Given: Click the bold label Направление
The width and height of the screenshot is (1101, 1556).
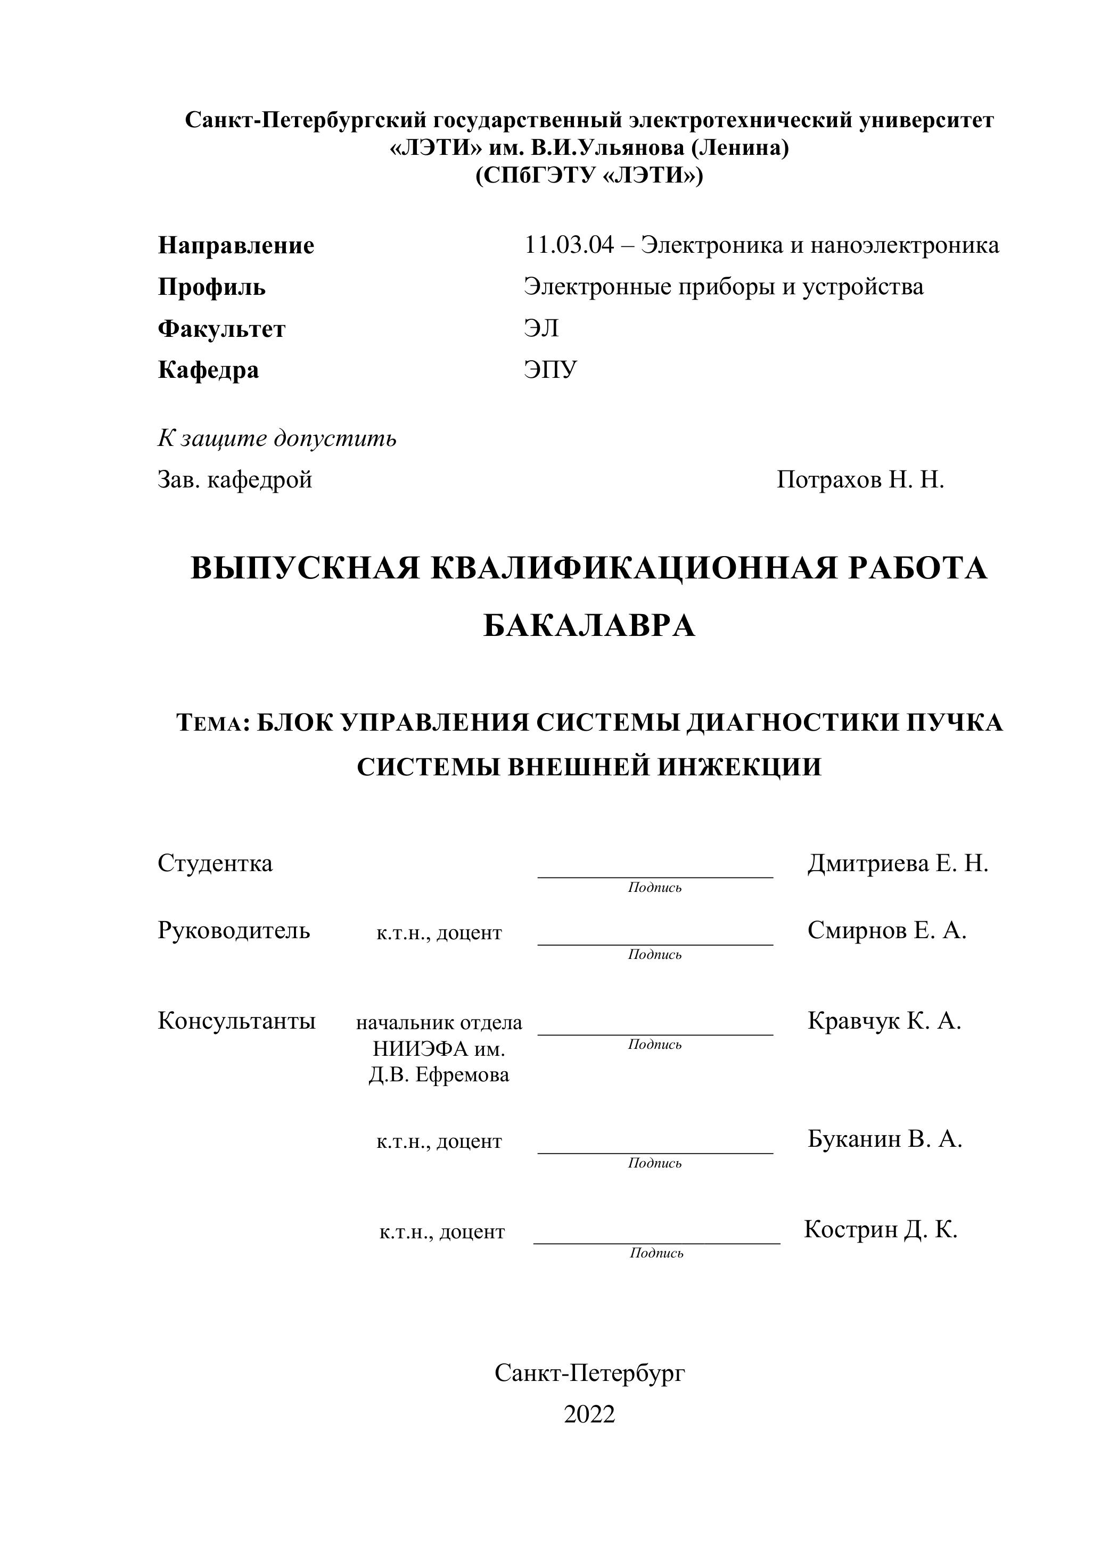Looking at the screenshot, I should [236, 245].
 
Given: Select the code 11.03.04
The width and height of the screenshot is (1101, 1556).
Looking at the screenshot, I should [569, 245].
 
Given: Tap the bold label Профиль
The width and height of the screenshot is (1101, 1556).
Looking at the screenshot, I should [211, 287].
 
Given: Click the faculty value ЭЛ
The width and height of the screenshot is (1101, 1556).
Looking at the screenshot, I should [541, 329].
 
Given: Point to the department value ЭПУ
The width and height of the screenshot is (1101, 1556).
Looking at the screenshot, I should [550, 370].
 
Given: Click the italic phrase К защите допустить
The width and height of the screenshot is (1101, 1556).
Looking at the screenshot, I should [277, 438].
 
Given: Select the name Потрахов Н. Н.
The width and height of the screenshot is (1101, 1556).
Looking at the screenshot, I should [860, 480].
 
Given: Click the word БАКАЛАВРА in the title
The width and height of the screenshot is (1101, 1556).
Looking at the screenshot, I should [589, 625].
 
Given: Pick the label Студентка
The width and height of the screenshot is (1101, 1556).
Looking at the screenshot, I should [215, 863].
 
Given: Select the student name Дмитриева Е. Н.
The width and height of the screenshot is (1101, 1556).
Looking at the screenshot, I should [898, 863].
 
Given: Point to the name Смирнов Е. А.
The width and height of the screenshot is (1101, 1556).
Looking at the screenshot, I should [887, 931].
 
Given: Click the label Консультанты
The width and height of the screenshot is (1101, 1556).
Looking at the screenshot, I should [236, 1021].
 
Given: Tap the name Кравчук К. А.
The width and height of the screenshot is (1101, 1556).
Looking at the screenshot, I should [884, 1021].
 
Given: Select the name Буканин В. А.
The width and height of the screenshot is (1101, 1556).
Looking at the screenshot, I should [885, 1139].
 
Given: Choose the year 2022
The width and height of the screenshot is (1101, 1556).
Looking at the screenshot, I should [589, 1414].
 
